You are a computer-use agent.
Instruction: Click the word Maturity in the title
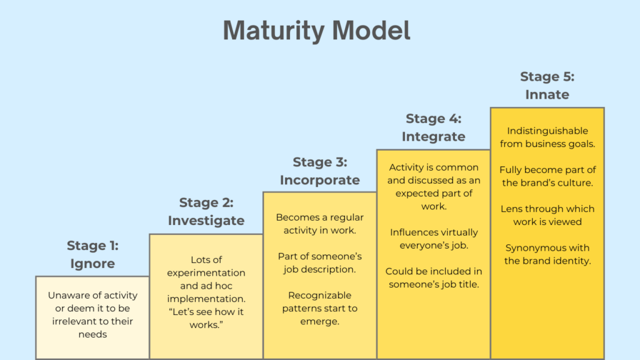272,31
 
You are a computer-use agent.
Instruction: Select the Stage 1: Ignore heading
92,254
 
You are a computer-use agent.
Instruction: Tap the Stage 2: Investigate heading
206,211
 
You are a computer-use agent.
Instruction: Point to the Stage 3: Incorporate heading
319,171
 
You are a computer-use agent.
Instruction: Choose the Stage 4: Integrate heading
434,127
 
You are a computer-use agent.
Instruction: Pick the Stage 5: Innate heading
547,86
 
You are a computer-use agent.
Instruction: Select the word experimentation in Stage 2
206,273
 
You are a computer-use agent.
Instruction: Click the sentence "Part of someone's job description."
319,262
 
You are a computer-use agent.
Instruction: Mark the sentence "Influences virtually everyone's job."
434,239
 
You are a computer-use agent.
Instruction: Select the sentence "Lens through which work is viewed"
547,215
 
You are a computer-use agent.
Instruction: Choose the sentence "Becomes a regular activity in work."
319,224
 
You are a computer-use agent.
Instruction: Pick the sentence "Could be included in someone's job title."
434,277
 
